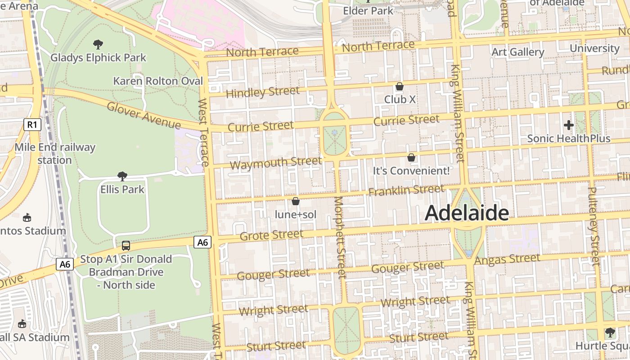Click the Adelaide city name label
(x=467, y=213)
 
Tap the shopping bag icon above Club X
(x=399, y=86)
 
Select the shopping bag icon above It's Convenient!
(x=411, y=157)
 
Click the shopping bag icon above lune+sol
(x=296, y=201)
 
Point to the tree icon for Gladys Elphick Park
(x=98, y=44)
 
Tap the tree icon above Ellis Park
(x=122, y=176)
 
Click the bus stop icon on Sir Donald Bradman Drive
(x=126, y=246)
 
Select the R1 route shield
(x=32, y=124)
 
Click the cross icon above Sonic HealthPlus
(x=569, y=125)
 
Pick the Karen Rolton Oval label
(x=158, y=81)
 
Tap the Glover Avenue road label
(x=144, y=116)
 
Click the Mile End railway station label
(x=55, y=153)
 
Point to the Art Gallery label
(x=517, y=52)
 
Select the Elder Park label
(x=368, y=10)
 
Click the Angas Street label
(x=507, y=259)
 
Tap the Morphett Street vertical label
(x=340, y=237)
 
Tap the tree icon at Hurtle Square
(x=610, y=333)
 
